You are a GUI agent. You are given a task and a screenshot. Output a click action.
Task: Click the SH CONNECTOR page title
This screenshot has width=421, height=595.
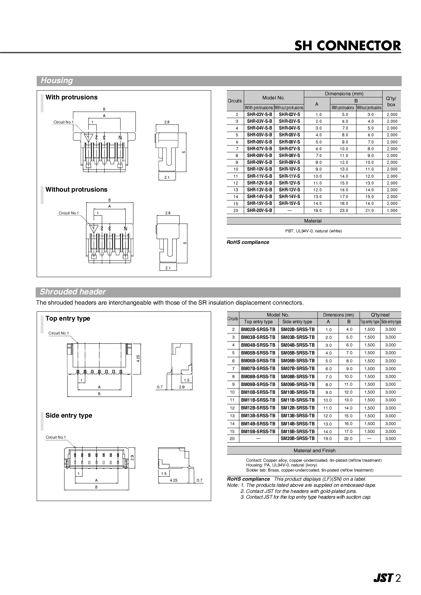pyautogui.click(x=347, y=45)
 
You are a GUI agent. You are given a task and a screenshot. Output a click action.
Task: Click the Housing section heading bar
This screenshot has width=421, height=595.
pyautogui.click(x=219, y=81)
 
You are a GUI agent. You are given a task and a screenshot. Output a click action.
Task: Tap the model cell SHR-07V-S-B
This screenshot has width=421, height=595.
pyautogui.click(x=259, y=149)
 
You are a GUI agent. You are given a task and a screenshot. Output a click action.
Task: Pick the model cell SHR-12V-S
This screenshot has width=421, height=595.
pyautogui.click(x=289, y=183)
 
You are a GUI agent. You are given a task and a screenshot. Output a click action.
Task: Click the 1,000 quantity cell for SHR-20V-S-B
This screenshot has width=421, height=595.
pyautogui.click(x=392, y=210)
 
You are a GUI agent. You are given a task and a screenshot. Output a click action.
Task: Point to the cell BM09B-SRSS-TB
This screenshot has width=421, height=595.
pyautogui.click(x=258, y=384)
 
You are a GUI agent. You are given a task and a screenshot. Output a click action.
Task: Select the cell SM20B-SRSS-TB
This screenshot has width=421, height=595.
pyautogui.click(x=298, y=439)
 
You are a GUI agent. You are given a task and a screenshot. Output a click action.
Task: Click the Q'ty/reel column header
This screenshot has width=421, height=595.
pyautogui.click(x=380, y=315)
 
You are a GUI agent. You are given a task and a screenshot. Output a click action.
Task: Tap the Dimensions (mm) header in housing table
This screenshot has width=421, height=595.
pyautogui.click(x=344, y=94)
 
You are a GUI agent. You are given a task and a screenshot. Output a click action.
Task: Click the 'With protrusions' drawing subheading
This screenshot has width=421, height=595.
pyautogui.click(x=71, y=97)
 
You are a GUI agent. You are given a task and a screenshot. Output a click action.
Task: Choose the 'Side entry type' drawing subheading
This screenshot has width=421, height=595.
pyautogui.click(x=69, y=416)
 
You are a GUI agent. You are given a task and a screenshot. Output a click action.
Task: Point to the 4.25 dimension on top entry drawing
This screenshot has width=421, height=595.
pyautogui.click(x=138, y=358)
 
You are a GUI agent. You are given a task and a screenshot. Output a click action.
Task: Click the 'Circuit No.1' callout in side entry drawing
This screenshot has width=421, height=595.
pyautogui.click(x=56, y=437)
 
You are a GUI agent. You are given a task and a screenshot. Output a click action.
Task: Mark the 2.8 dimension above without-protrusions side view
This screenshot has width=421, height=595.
pyautogui.click(x=168, y=213)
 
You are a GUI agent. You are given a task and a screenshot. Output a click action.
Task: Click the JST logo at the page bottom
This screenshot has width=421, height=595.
pyautogui.click(x=383, y=578)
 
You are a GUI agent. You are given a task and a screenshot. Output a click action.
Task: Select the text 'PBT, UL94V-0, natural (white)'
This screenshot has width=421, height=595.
pyautogui.click(x=313, y=231)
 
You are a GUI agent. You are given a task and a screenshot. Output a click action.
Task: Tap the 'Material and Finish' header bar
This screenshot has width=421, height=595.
pyautogui.click(x=314, y=450)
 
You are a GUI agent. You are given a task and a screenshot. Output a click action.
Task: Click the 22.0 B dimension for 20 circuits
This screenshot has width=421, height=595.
pyautogui.click(x=349, y=439)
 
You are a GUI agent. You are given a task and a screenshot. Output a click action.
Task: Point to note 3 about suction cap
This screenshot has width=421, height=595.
pyautogui.click(x=306, y=497)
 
